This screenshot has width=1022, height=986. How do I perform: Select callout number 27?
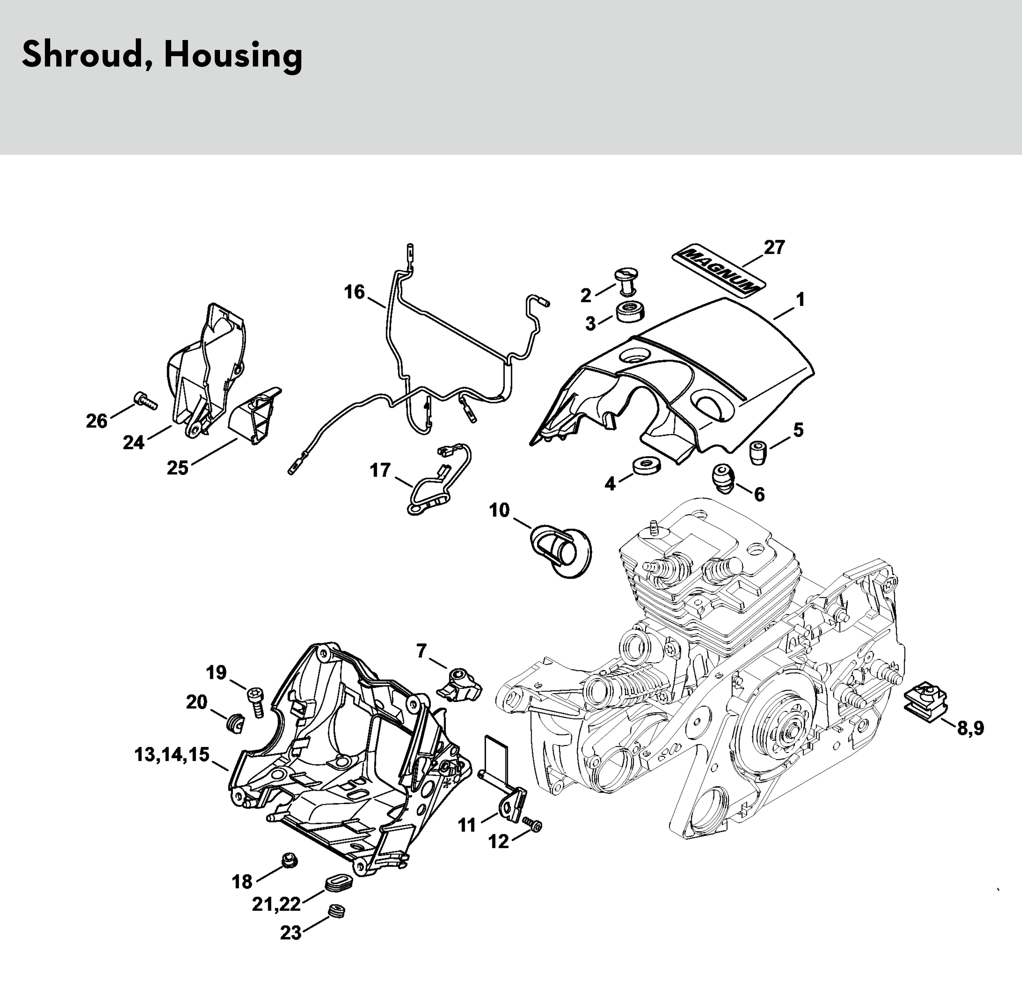click(x=774, y=247)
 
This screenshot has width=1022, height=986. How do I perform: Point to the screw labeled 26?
click(x=146, y=400)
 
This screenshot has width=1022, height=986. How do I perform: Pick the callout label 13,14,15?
click(x=172, y=754)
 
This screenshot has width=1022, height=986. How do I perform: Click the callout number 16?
click(x=354, y=292)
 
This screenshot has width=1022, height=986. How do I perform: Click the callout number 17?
click(x=380, y=470)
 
